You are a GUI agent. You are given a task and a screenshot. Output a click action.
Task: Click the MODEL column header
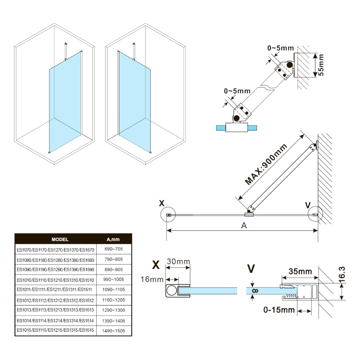tap(60, 239)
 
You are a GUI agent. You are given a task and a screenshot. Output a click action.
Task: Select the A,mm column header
tap(113, 239)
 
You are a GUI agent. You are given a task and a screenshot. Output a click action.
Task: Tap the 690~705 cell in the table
tap(113, 249)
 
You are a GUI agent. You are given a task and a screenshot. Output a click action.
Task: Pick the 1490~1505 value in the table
tap(113, 331)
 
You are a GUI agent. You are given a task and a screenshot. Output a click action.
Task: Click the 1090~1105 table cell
tap(113, 290)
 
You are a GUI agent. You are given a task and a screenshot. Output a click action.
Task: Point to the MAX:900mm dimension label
tap(266, 165)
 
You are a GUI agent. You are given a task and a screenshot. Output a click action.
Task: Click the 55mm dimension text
tap(320, 65)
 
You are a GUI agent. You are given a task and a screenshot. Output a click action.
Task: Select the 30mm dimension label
tap(178, 261)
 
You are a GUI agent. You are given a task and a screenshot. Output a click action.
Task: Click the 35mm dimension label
tap(300, 272)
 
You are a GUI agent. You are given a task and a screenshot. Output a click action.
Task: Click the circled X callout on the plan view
tap(168, 216)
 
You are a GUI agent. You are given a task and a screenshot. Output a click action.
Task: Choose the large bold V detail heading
tap(252, 269)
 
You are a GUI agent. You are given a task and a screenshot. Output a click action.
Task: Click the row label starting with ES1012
tap(55, 300)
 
